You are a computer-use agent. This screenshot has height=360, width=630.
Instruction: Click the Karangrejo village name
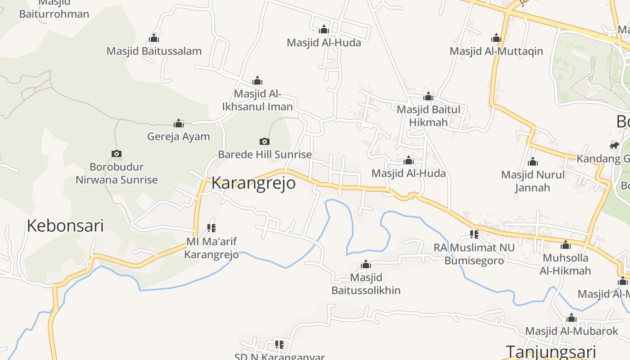pyautogui.click(x=253, y=183)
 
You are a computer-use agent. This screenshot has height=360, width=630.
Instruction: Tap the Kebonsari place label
pyautogui.click(x=65, y=225)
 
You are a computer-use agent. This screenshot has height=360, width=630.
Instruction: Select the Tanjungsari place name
pyautogui.click(x=551, y=352)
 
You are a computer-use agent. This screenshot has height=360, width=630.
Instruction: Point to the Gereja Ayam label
pyautogui.click(x=179, y=136)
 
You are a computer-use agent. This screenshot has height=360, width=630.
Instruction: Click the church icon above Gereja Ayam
pyautogui.click(x=179, y=123)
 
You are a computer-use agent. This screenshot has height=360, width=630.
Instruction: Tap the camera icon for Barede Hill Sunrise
pyautogui.click(x=265, y=141)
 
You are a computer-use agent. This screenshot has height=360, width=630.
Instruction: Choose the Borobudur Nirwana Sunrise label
pyautogui.click(x=117, y=173)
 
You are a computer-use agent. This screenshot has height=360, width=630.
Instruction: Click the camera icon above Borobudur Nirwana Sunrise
pyautogui.click(x=117, y=154)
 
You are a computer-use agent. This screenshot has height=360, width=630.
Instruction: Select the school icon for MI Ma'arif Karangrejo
pyautogui.click(x=211, y=228)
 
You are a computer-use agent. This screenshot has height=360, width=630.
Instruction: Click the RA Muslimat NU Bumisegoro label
pyautogui.click(x=474, y=254)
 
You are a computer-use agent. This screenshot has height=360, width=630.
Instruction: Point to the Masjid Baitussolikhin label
pyautogui.click(x=366, y=283)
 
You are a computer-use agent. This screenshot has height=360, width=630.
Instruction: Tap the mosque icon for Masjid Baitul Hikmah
pyautogui.click(x=428, y=96)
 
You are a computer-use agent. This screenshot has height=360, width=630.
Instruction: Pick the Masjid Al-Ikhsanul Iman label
pyautogui.click(x=257, y=100)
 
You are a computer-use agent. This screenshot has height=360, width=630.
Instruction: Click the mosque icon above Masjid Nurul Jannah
pyautogui.click(x=533, y=162)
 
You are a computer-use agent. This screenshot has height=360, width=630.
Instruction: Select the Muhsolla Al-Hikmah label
pyautogui.click(x=565, y=264)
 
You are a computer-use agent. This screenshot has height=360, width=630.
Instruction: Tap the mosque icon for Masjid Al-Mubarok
pyautogui.click(x=571, y=318)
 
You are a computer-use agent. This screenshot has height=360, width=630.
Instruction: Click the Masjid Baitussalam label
pyautogui.click(x=154, y=51)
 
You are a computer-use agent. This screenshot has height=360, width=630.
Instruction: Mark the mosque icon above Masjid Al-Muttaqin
pyautogui.click(x=496, y=38)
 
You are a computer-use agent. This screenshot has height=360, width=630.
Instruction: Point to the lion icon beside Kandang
pyautogui.click(x=614, y=145)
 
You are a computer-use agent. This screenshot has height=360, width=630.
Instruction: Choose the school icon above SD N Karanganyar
pyautogui.click(x=279, y=345)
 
